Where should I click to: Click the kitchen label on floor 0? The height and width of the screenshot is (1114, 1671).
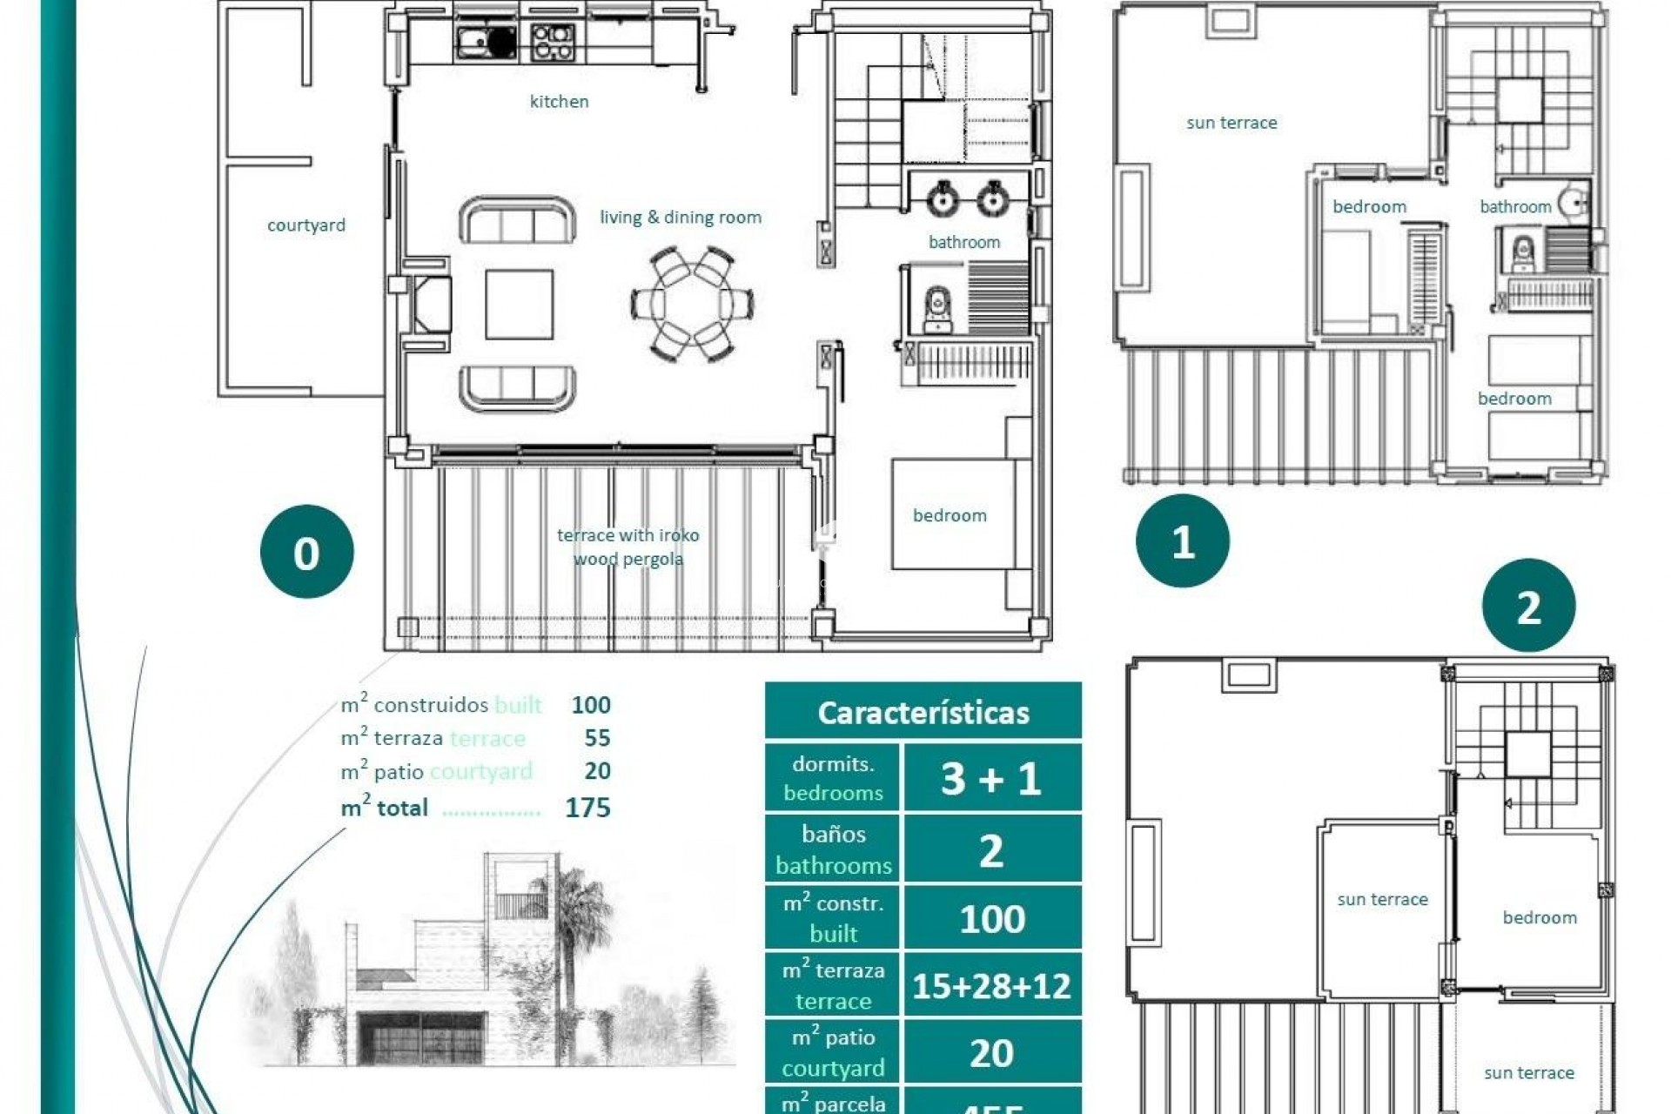559,102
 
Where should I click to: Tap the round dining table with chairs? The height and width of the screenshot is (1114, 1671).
692,305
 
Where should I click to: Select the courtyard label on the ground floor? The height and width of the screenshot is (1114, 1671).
305,225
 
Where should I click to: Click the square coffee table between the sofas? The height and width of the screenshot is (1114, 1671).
520,304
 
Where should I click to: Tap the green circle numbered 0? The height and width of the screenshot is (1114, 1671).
306,552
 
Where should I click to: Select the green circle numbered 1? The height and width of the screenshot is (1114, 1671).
1182,541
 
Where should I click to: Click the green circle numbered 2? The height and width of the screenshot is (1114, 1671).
1528,606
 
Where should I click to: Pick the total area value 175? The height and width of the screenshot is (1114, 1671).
587,808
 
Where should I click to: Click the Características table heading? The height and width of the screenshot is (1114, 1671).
923,712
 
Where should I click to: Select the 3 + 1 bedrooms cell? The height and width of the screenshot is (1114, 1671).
991,778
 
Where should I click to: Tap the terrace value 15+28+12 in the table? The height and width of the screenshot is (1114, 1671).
991,986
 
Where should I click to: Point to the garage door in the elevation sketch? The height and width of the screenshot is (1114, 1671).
422,1038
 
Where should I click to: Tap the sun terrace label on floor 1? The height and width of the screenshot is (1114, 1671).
1231,123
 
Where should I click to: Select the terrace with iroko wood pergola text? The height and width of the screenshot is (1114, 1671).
627,547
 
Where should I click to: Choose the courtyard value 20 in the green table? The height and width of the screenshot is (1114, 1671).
991,1053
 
